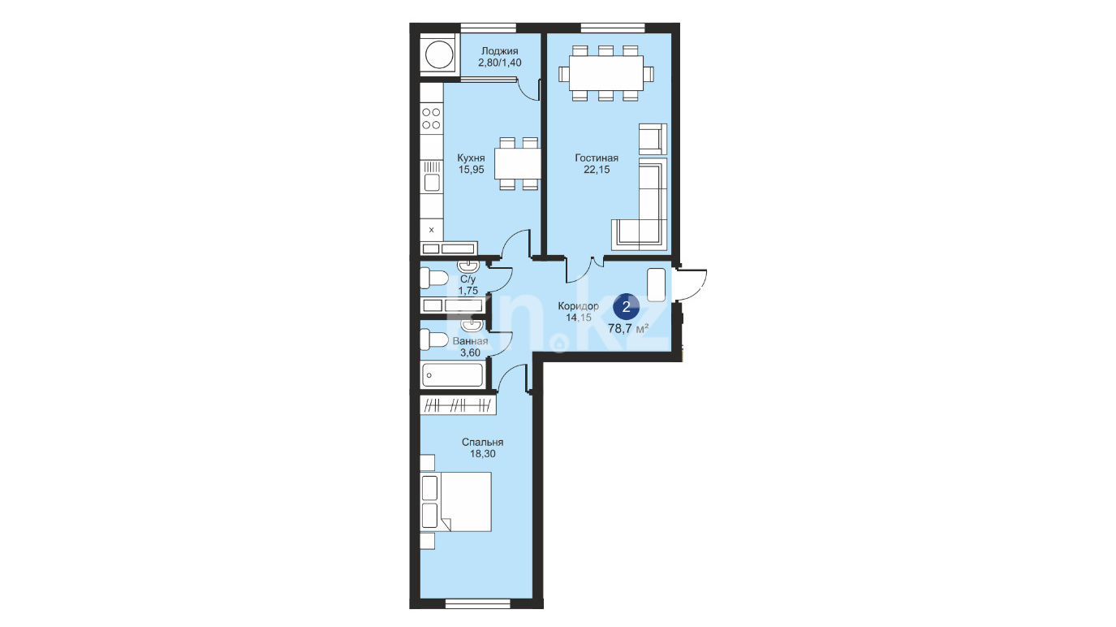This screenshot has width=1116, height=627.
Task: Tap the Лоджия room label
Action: (499, 51)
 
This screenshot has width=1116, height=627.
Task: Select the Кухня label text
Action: (471, 158)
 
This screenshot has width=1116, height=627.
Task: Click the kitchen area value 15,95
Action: (472, 170)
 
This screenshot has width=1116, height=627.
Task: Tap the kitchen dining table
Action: (518, 163)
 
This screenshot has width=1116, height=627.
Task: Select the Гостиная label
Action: (597, 158)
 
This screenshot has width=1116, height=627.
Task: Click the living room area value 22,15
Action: (597, 170)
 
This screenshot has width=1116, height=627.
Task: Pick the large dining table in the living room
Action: (605, 73)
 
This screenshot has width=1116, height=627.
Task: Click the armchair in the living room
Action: (653, 139)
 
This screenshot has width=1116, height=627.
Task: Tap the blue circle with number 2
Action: (627, 306)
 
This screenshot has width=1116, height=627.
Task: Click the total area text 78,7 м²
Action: (628, 328)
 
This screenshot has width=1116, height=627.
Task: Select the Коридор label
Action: (578, 306)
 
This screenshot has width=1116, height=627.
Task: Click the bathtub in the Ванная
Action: (452, 375)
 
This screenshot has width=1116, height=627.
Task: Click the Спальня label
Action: (482, 442)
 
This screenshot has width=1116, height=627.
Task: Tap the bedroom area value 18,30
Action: (482, 454)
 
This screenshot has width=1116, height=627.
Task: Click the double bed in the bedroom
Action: (456, 502)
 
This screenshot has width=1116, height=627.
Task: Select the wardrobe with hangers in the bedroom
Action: (458, 404)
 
